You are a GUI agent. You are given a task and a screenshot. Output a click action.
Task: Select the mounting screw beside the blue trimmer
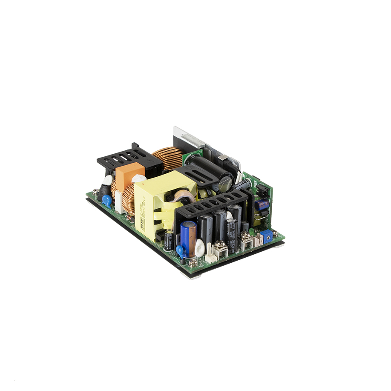coord(275,233)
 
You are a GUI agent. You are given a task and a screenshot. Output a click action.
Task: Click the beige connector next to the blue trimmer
coord(258,242)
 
